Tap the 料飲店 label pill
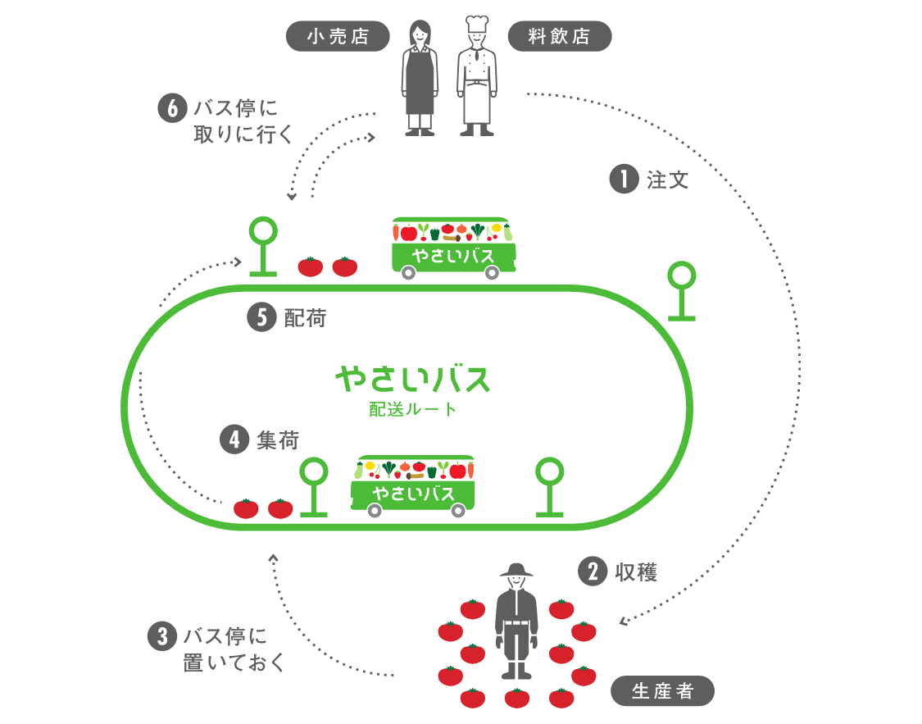point(560,37)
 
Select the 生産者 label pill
point(662,691)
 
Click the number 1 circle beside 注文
point(624,180)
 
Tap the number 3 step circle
point(161,636)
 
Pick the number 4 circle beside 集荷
point(234,439)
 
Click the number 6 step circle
point(171,109)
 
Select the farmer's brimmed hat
point(516,570)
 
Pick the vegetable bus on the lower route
point(413,486)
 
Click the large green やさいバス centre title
point(412,379)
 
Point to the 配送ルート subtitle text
point(412,409)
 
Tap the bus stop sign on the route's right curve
point(681,292)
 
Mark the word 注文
point(668,180)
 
